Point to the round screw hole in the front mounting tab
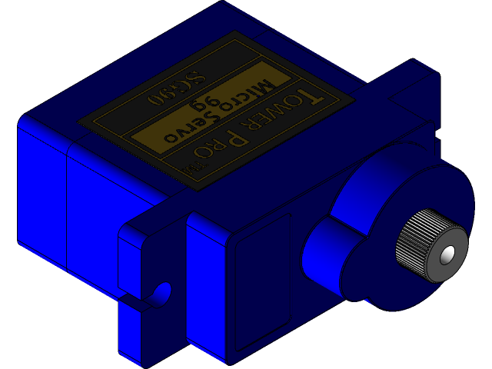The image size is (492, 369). click(162, 291)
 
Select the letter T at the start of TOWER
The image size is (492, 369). click(307, 95)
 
